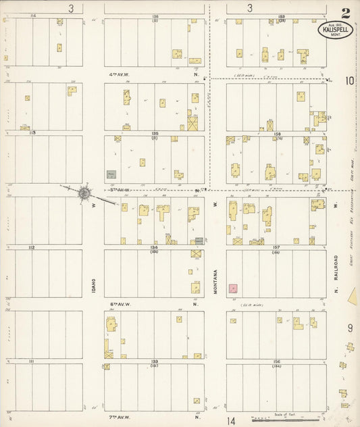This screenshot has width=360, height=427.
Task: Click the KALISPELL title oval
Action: tap(334, 31)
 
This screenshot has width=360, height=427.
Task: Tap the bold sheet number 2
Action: tap(346, 12)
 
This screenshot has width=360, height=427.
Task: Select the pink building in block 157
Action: tap(233, 288)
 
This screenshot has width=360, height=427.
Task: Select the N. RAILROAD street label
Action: tap(336, 274)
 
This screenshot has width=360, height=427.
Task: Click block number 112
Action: tap(31, 248)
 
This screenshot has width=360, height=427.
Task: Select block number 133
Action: tap(155, 361)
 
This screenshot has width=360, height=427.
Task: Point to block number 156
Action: tap(276, 361)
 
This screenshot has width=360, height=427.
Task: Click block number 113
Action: tap(31, 133)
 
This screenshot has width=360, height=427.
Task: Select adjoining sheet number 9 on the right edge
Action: tap(350, 328)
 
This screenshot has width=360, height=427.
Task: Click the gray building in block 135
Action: tap(111, 174)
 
